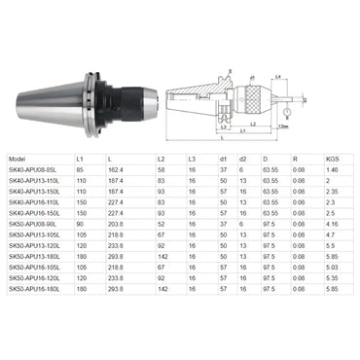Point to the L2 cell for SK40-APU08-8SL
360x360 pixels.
tap(161, 169)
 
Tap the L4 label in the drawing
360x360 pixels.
tap(277, 77)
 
